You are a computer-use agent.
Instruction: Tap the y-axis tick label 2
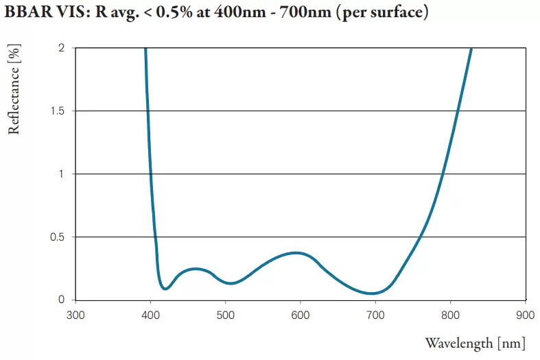pos(62,48)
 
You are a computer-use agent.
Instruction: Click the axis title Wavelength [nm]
pos(476,343)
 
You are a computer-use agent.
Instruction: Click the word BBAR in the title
pos(26,13)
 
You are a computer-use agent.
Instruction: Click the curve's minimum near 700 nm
pos(372,293)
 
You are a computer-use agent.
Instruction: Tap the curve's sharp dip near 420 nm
pos(165,289)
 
